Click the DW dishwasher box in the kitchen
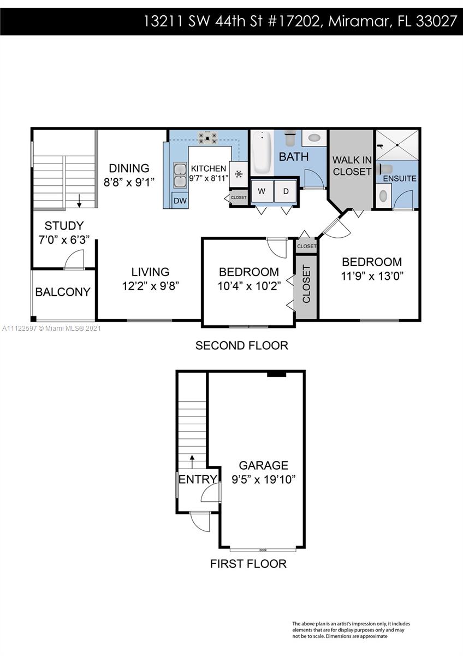pos(180,200)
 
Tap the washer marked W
pos(262,191)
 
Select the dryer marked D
pos(286,191)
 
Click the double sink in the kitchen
pos(180,175)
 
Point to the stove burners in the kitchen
pos(207,138)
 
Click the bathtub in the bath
pos(263,152)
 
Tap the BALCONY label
pos(63,292)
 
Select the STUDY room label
pos(64,225)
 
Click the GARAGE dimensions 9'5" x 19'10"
pos(264,480)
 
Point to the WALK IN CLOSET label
pos(352,166)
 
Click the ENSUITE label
pos(400,178)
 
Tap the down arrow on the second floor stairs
pos(79,201)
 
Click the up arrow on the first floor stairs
pos(192,461)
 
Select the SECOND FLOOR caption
pos(241,345)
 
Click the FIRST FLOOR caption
pos(248,564)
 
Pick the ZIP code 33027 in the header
pos(436,21)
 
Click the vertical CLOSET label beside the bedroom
pos(306,284)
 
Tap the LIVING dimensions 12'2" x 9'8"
pos(150,285)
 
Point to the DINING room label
pos(129,168)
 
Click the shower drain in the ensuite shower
pos(397,145)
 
